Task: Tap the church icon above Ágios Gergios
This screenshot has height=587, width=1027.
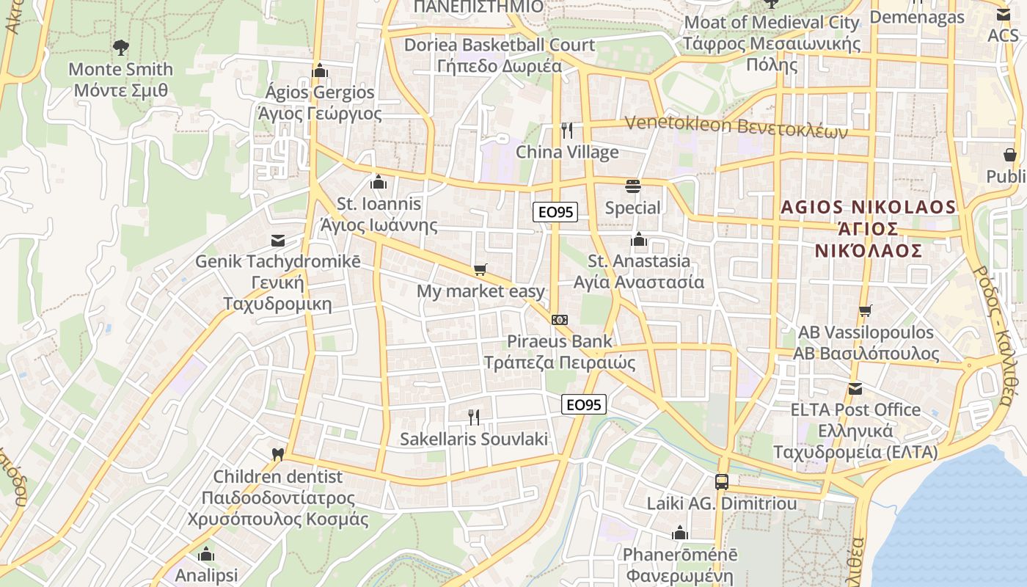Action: [319, 71]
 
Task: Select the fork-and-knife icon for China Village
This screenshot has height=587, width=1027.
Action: [566, 131]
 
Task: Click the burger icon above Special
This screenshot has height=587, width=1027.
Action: [633, 186]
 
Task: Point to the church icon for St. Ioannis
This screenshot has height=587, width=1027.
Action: [379, 182]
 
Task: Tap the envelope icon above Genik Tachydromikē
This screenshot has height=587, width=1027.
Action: [277, 240]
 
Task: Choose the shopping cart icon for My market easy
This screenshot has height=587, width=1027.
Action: [480, 270]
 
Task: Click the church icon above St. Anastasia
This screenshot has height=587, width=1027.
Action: [639, 240]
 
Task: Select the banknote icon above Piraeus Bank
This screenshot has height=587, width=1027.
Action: [560, 320]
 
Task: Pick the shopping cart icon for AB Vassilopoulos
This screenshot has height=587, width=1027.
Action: [866, 311]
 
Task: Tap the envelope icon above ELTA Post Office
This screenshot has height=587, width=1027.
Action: [855, 388]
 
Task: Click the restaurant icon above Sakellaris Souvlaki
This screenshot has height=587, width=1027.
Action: [474, 418]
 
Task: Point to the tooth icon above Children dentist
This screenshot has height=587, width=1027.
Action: [277, 455]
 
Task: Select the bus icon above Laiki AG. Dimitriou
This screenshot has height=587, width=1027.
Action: [722, 482]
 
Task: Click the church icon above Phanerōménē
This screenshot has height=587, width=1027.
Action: [680, 533]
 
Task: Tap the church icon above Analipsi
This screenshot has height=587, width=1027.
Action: [206, 554]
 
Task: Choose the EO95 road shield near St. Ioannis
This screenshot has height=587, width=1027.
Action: [556, 212]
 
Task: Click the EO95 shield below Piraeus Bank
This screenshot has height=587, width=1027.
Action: [584, 404]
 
